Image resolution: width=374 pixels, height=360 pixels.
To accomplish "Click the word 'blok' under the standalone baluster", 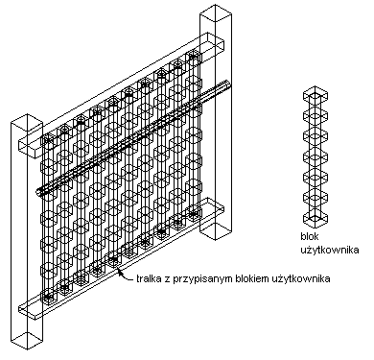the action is (x=310, y=236).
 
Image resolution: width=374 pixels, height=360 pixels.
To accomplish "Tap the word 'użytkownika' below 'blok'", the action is (x=330, y=250).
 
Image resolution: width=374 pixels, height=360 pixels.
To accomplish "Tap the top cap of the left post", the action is (x=27, y=121).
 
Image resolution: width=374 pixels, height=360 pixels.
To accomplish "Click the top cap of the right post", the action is (x=216, y=12).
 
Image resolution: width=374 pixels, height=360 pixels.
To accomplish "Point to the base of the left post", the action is (x=27, y=341).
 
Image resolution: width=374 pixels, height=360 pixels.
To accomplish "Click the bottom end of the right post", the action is (x=216, y=232).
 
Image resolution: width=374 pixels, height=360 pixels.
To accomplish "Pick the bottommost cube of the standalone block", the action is (x=316, y=218).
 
